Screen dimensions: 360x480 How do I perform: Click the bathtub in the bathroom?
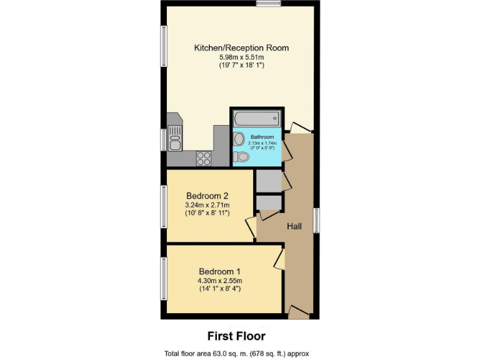pos(256,117)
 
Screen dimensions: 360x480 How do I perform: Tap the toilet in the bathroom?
pos(241,157)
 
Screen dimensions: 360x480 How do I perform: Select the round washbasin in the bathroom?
pos(239,139)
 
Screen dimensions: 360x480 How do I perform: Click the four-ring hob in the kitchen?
pos(204,159)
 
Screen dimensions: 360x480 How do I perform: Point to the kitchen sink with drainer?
pos(176,138)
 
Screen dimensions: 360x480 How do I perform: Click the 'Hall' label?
pos(294,226)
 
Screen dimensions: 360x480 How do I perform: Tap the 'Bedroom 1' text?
pos(219,271)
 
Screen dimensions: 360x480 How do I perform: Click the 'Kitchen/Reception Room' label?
pos(241,47)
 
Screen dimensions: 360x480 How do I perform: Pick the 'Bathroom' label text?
pos(262,137)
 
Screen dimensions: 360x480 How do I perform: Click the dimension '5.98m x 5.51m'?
pos(241,57)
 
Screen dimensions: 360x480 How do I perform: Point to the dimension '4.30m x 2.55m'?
pos(219,281)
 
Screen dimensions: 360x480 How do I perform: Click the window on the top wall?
pos(268,4)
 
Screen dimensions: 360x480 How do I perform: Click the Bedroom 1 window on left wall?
pos(164,278)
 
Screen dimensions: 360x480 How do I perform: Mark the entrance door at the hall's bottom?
pos(299,312)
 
